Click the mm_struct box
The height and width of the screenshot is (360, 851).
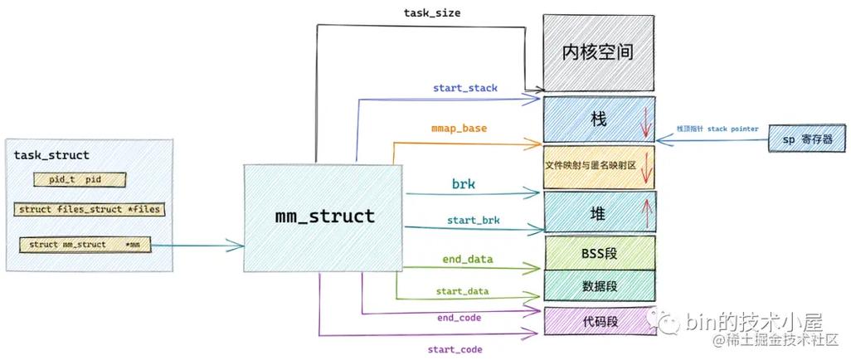click(x=324, y=217)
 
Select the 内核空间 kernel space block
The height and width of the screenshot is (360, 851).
click(x=597, y=52)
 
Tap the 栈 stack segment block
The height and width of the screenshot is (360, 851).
click(x=597, y=119)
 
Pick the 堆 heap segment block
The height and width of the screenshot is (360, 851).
click(x=597, y=214)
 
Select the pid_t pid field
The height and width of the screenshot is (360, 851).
click(x=80, y=179)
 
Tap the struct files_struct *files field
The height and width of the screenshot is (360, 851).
click(x=89, y=210)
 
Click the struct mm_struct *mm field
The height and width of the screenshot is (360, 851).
click(x=85, y=245)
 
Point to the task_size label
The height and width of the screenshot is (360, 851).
click(x=432, y=12)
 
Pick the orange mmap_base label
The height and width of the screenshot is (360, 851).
click(x=459, y=129)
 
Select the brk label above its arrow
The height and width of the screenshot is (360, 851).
click(x=463, y=183)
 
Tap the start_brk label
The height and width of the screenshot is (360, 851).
click(x=461, y=219)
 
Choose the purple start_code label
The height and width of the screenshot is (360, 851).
click(x=455, y=349)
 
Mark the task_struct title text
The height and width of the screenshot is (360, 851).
click(x=51, y=155)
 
